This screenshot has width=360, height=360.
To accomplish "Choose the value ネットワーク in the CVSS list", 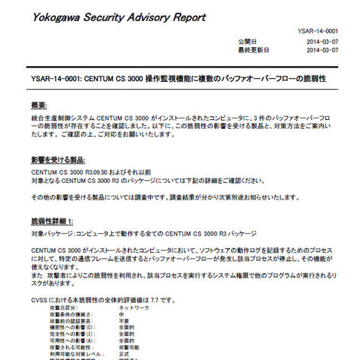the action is point(136,308).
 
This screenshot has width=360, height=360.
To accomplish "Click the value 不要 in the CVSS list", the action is point(126,322).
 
